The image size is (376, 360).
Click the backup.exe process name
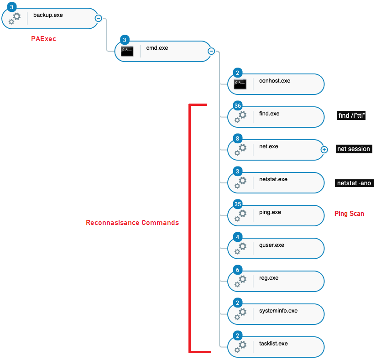(x=48, y=15)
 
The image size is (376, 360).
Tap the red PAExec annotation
(x=43, y=39)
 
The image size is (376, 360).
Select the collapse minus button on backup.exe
(x=98, y=18)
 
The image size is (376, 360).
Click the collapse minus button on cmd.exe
(x=211, y=51)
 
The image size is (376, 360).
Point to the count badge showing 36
(x=238, y=105)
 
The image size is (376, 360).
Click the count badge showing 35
(x=238, y=204)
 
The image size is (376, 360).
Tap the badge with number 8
(x=238, y=138)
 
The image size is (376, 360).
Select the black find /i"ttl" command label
(x=351, y=115)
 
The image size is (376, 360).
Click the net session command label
(x=354, y=149)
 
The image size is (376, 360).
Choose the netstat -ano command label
(x=354, y=183)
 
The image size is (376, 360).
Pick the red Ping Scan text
(x=349, y=214)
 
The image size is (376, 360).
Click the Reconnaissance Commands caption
(x=132, y=223)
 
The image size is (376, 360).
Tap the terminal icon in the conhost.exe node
(x=240, y=84)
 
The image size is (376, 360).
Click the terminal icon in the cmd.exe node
(x=127, y=51)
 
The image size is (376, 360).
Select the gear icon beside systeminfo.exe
(x=240, y=314)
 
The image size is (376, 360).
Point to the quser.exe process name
(x=272, y=245)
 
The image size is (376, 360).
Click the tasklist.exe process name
(x=273, y=344)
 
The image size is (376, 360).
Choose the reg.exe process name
(x=269, y=278)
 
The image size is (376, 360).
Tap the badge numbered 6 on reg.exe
(x=238, y=270)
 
